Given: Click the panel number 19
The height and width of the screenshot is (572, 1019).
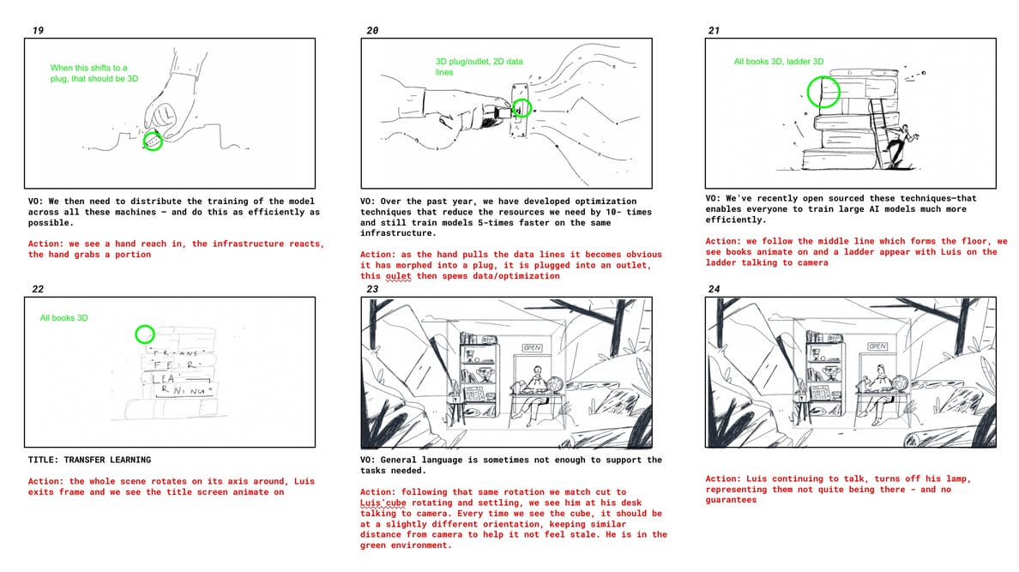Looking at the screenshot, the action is [38, 31].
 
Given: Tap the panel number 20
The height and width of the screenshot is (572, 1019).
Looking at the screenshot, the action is [372, 31].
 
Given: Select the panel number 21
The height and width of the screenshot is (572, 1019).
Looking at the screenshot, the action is [714, 31].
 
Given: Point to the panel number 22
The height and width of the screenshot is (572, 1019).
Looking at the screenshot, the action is [38, 289].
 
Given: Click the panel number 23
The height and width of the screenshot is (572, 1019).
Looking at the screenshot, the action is [372, 289].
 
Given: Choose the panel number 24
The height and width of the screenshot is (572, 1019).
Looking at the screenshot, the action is [714, 289].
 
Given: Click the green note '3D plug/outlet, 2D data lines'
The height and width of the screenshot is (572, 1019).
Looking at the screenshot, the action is [479, 67].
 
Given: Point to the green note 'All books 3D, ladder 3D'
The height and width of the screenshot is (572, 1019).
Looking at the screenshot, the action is [779, 62].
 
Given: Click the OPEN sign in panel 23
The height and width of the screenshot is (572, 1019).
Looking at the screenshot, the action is [533, 348].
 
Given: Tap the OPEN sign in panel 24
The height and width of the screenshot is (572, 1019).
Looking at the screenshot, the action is [877, 346].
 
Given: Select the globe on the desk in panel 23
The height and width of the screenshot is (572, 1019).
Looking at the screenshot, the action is [557, 384].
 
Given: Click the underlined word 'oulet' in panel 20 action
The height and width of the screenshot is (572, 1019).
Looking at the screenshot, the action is [398, 275].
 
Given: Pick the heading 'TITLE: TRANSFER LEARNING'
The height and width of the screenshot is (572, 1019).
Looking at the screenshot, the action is [90, 460].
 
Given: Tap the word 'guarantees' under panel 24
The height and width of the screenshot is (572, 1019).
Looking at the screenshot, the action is [731, 500].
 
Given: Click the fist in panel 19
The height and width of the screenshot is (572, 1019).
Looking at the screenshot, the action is [162, 116].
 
